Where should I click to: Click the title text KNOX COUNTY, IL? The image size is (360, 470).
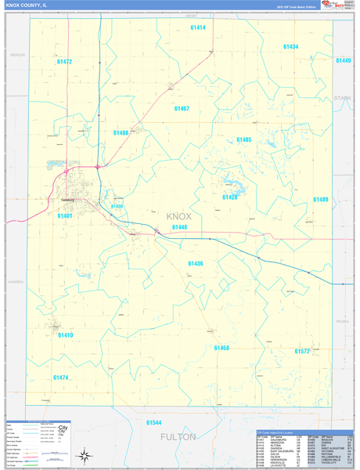pyautogui.click(x=26, y=5)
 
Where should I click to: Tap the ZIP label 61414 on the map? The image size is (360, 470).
pyautogui.click(x=197, y=27)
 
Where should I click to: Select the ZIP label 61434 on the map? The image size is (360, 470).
pyautogui.click(x=290, y=47)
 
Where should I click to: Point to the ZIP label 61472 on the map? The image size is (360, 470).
pyautogui.click(x=64, y=61)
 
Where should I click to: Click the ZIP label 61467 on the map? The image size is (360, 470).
pyautogui.click(x=182, y=108)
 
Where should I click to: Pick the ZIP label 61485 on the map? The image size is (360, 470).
pyautogui.click(x=243, y=139)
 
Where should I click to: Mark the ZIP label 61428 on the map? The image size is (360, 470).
pyautogui.click(x=229, y=197)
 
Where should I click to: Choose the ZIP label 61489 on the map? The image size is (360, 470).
pyautogui.click(x=321, y=199)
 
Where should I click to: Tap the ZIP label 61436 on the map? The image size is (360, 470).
pyautogui.click(x=195, y=263)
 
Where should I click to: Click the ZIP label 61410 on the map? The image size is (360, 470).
pyautogui.click(x=65, y=334)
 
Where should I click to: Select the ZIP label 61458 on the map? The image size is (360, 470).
pyautogui.click(x=221, y=347)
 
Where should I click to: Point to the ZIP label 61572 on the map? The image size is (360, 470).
pyautogui.click(x=302, y=352)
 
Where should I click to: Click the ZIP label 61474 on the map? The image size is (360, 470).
pyautogui.click(x=61, y=378)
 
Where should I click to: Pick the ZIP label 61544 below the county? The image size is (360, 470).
pyautogui.click(x=153, y=422)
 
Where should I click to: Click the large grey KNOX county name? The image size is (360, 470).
pyautogui.click(x=179, y=216)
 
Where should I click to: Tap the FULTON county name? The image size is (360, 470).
pyautogui.click(x=178, y=436)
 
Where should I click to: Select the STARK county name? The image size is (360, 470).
pyautogui.click(x=343, y=98)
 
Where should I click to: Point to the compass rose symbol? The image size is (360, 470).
pyautogui.click(x=83, y=454)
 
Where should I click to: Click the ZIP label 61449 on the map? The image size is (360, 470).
pyautogui.click(x=344, y=60)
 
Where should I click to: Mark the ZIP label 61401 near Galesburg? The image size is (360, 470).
pyautogui.click(x=64, y=215)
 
